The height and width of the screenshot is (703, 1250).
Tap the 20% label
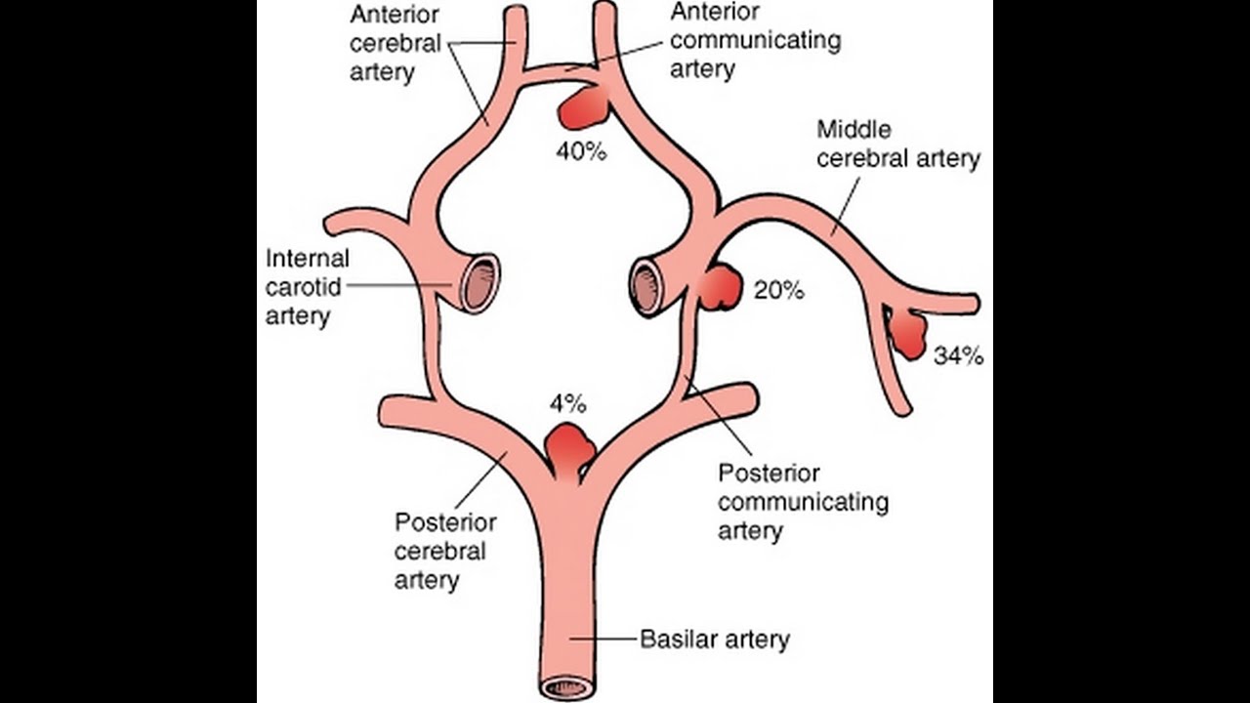click(x=778, y=290)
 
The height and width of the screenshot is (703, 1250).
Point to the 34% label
click(x=958, y=356)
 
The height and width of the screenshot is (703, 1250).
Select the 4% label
click(x=567, y=403)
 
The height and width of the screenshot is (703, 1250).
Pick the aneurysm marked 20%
click(x=721, y=288)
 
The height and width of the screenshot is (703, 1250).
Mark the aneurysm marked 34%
click(x=909, y=334)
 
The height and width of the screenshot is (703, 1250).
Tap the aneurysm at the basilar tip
click(x=569, y=446)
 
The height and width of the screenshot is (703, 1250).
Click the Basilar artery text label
click(x=714, y=641)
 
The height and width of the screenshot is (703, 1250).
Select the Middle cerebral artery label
click(x=897, y=144)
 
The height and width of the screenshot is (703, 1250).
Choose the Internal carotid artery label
click(x=308, y=288)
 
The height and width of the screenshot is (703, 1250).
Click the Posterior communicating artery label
click(x=803, y=502)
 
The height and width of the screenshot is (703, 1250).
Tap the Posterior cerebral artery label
click(x=445, y=551)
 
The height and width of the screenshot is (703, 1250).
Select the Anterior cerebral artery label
click(x=396, y=44)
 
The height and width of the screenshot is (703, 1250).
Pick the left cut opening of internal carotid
click(x=479, y=283)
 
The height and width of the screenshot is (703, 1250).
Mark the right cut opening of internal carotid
click(x=646, y=287)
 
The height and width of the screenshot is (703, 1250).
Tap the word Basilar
click(x=674, y=641)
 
